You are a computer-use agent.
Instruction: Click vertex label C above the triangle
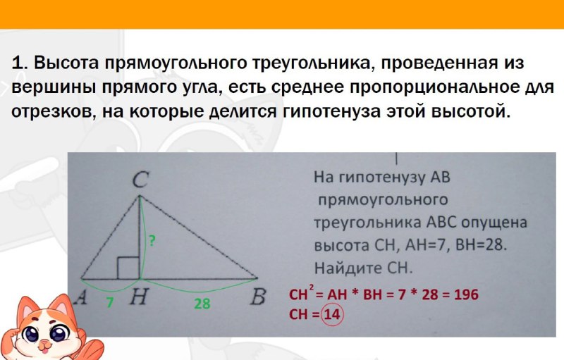point(140,180)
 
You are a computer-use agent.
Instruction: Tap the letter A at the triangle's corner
point(81,297)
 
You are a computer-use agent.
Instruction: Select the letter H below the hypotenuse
point(138,297)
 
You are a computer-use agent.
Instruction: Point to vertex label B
point(258,297)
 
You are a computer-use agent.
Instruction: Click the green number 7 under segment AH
point(110,303)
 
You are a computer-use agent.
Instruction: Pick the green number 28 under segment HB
point(202,304)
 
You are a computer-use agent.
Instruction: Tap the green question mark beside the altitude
point(152,240)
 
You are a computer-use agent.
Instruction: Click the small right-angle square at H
point(128,268)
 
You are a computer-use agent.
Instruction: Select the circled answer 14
point(331,315)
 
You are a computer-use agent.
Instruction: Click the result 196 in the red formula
point(467,295)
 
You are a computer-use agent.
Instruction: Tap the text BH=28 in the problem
point(481,245)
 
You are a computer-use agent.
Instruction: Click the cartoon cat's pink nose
point(44,345)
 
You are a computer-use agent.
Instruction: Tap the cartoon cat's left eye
point(30,334)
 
